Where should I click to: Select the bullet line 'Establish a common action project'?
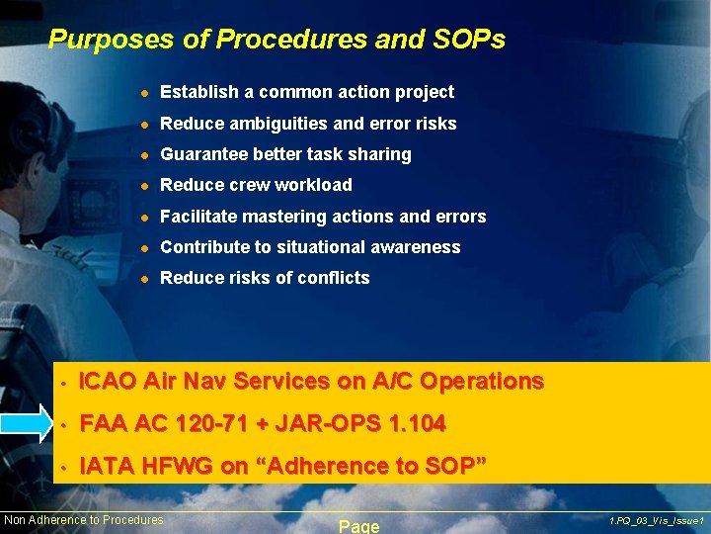point(306,92)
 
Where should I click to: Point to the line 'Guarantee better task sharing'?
point(285,154)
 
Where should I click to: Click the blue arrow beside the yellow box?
point(28,424)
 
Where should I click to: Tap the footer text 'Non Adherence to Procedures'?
point(84,520)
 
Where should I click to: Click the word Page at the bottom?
point(359,526)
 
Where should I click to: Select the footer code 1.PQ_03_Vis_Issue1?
point(656,520)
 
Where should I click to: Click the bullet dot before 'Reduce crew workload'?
point(143,186)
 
